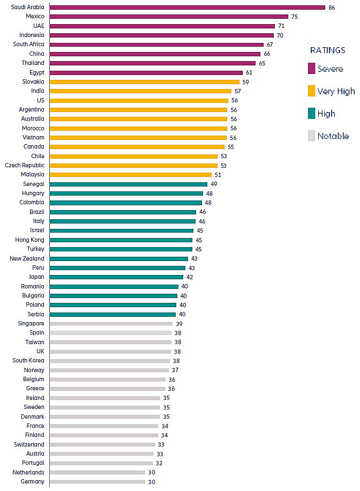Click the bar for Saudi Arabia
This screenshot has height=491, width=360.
187,8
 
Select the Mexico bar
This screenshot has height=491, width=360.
169,17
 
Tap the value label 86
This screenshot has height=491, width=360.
332,8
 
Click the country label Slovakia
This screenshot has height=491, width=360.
33,81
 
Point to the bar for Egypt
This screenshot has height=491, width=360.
146,72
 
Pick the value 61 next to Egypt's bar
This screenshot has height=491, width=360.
249,72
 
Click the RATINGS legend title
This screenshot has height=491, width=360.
328,50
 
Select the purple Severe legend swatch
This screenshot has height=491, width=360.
311,69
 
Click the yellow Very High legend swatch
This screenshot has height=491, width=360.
311,91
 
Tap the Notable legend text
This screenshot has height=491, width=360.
333,136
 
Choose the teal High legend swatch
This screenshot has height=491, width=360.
311,114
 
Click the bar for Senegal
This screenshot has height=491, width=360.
129,184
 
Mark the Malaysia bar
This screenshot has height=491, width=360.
131,175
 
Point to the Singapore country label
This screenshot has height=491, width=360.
31,323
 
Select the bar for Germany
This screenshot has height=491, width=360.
97,481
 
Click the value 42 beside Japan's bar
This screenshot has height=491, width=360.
190,277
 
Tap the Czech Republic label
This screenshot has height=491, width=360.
25,165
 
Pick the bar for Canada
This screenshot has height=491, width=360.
137,146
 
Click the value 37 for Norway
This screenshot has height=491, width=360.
175,370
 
